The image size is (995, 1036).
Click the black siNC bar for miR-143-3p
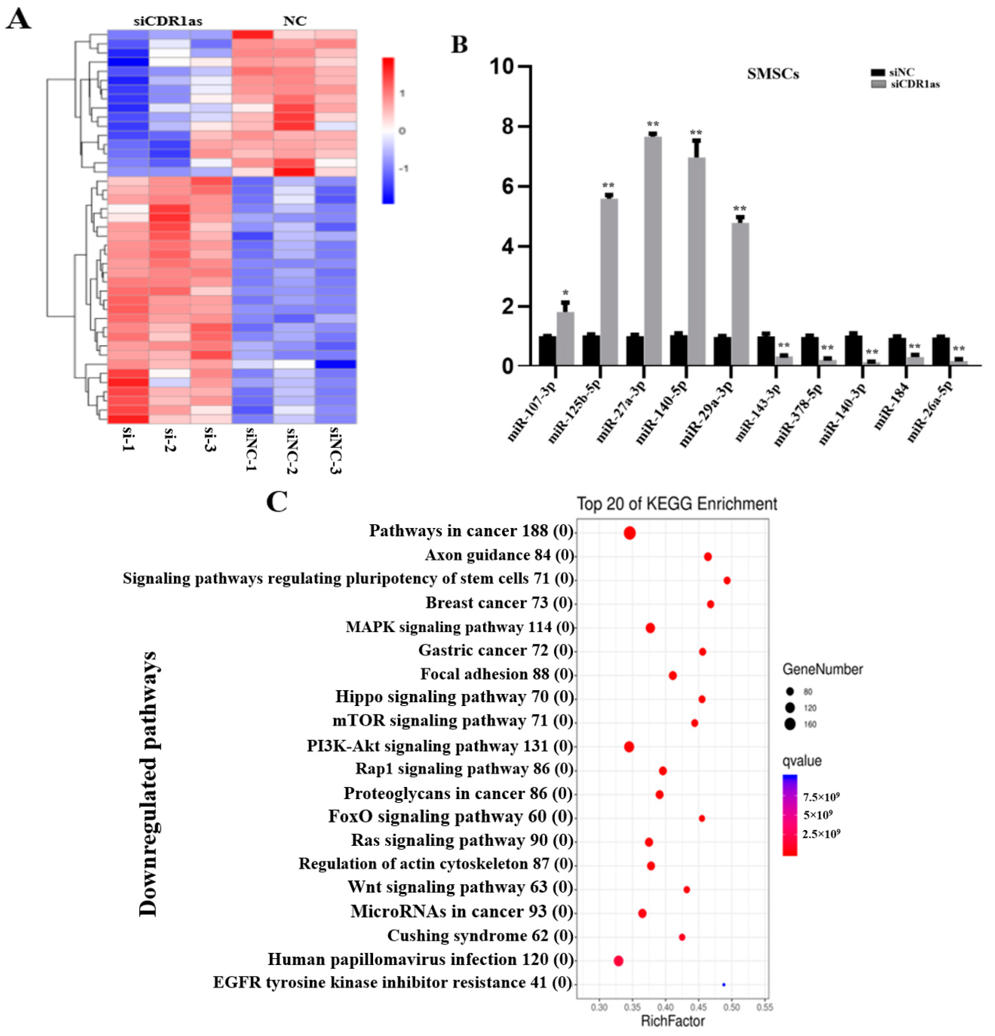coord(766,350)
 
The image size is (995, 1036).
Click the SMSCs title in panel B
coord(772,74)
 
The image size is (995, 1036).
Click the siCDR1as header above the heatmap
coord(168,21)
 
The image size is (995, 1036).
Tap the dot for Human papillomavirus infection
coord(618,960)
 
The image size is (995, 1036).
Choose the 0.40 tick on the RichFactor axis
coord(665,1007)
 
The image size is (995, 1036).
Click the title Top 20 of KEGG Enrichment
coord(676,504)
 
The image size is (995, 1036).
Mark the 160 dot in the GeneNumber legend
coord(790,724)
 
